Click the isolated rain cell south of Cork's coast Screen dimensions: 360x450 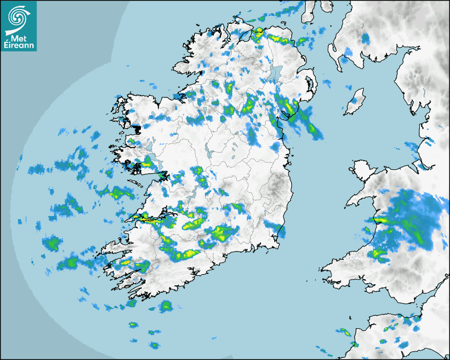pyautogui.click(x=166, y=305)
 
